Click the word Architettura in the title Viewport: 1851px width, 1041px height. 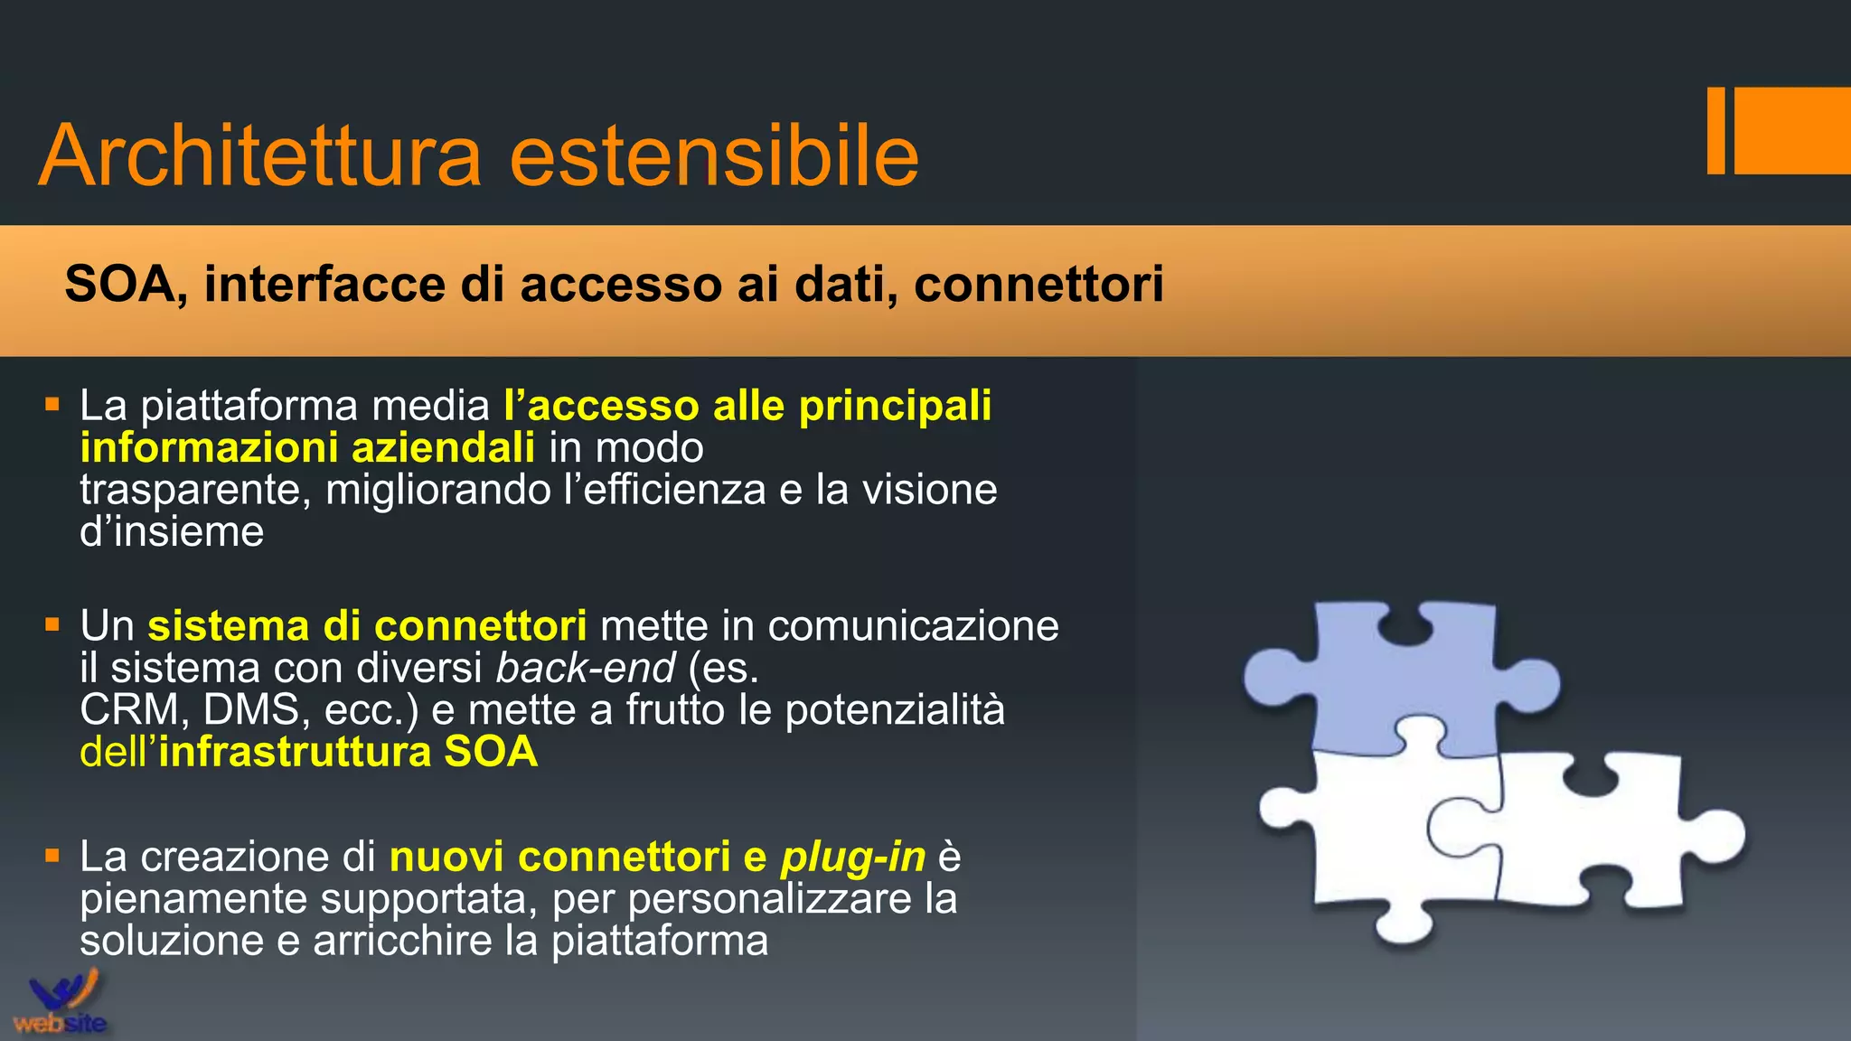(260, 155)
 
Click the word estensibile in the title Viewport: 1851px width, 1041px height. (714, 155)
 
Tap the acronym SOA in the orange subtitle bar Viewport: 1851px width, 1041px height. (118, 285)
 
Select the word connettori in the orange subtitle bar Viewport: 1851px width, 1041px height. (1038, 285)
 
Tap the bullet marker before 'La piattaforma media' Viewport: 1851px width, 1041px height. (52, 404)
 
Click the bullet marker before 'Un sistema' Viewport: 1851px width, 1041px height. (52, 624)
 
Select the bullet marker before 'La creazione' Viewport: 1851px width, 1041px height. (52, 855)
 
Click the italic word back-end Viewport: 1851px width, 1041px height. (585, 669)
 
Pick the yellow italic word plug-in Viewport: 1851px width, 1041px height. (853, 857)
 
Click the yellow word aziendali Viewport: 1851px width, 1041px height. (443, 448)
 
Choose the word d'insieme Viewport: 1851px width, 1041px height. (172, 532)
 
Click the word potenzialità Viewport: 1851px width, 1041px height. (894, 710)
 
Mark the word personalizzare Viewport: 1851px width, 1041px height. (799, 899)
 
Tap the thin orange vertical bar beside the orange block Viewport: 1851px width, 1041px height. (1715, 131)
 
